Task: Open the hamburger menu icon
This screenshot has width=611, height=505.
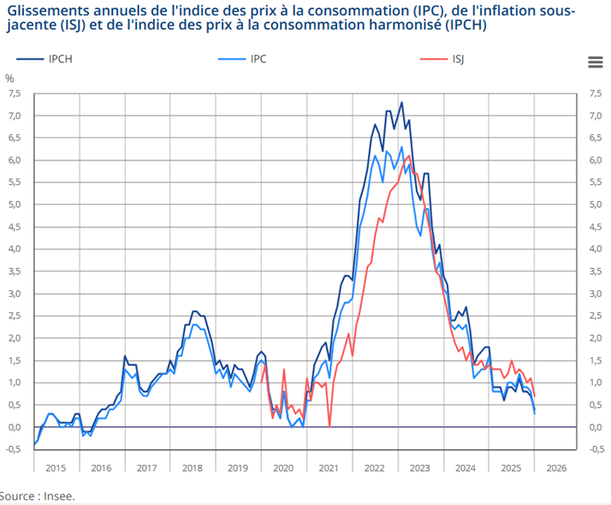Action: click(x=596, y=62)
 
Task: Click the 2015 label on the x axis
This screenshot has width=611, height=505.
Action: click(x=56, y=467)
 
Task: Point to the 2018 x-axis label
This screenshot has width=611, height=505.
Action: click(x=192, y=467)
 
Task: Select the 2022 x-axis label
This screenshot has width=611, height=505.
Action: click(x=374, y=467)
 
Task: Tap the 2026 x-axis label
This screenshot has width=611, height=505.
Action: click(x=556, y=467)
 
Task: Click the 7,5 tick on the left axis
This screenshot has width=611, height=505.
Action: click(x=15, y=93)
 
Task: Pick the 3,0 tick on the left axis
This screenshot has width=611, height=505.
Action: click(x=15, y=294)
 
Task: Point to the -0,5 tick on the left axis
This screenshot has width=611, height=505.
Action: click(x=13, y=449)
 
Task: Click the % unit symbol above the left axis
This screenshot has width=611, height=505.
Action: click(x=10, y=78)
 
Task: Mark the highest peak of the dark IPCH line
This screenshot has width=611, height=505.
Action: click(x=401, y=103)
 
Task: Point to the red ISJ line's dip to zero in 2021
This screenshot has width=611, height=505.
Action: click(x=329, y=426)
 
